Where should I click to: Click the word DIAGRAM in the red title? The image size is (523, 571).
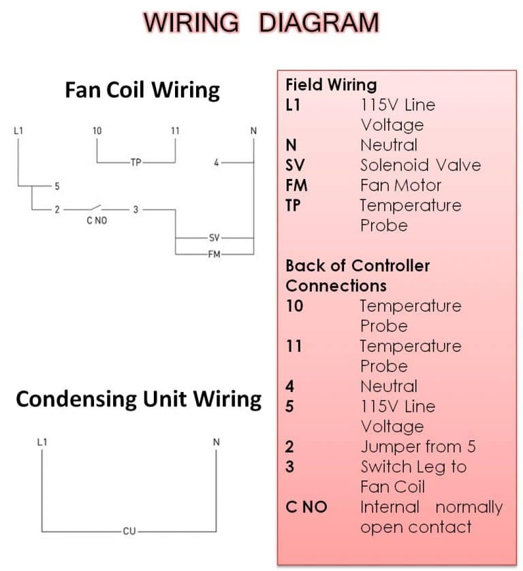pos(319,22)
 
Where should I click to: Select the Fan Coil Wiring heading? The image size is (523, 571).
pos(142,90)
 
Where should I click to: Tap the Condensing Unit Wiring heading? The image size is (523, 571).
pos(139,399)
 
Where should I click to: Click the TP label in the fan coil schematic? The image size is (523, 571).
pos(135,163)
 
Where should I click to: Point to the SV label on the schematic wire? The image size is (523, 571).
pos(214,238)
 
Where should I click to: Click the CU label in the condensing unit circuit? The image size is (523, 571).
pos(129,531)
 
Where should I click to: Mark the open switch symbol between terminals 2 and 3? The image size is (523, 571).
pos(97,208)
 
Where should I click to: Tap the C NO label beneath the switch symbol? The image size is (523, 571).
pos(97,221)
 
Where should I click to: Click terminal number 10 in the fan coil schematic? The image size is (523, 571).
pos(97,131)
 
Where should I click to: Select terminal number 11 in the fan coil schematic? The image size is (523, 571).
pos(176,131)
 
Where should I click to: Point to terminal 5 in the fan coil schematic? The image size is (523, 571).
pos(57,186)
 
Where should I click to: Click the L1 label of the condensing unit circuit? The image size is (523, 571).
pos(42,442)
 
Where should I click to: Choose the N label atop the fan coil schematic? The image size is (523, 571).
pos(253,131)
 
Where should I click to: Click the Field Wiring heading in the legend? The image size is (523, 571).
pos(331,85)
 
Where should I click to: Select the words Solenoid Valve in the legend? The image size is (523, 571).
pos(420,165)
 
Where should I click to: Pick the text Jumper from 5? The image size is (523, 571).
pos(417,447)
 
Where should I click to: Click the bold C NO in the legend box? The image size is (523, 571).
pos(306,507)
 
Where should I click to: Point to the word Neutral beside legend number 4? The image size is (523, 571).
pos(388,387)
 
